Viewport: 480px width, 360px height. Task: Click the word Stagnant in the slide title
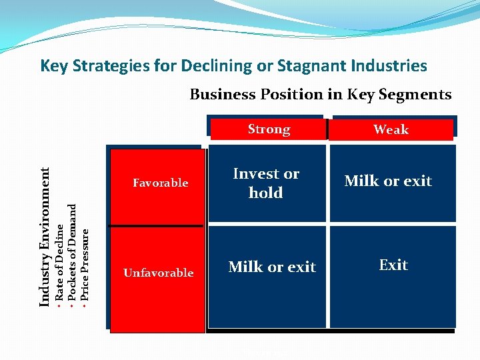click(313, 66)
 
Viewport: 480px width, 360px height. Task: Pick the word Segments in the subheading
click(417, 95)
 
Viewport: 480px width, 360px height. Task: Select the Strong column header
click(269, 129)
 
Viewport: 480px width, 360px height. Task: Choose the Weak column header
click(391, 130)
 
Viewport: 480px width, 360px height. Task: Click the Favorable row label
click(160, 183)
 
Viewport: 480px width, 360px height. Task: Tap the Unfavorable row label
click(158, 273)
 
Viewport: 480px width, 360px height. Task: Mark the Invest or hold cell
click(266, 183)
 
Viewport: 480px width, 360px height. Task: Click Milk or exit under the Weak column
click(388, 181)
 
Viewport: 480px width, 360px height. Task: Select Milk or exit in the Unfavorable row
click(272, 267)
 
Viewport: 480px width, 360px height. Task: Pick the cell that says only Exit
click(393, 265)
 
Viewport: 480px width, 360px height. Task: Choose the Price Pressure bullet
click(85, 264)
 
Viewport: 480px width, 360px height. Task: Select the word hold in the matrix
click(266, 193)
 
